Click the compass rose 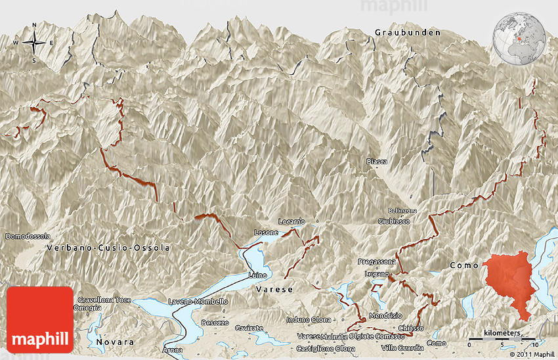(x=34, y=43)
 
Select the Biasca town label (x=377, y=162)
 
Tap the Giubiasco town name (x=394, y=221)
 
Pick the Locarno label (x=291, y=221)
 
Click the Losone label (x=267, y=233)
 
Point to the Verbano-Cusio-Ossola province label (x=108, y=248)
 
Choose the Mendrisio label (x=385, y=315)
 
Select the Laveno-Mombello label (x=198, y=302)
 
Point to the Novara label (x=115, y=342)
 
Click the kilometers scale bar (x=503, y=338)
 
